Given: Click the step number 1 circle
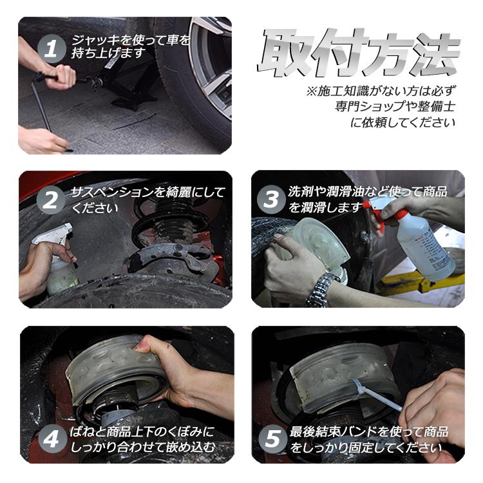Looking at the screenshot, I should click(52, 49).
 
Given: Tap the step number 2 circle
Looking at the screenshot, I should click(52, 201).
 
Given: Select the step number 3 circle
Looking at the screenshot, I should click(271, 200).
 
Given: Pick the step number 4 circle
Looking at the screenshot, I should click(52, 440).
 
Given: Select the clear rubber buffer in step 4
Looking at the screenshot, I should click(109, 370).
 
